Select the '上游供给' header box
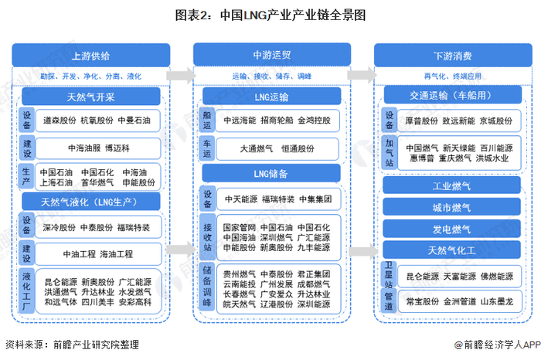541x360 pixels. (x=90, y=56)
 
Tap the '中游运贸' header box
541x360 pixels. (x=270, y=56)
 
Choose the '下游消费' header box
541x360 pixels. (x=451, y=56)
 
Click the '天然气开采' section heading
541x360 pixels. (x=90, y=97)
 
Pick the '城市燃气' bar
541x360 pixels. (x=451, y=209)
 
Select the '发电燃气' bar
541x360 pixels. (x=451, y=229)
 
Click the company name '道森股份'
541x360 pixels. (x=59, y=121)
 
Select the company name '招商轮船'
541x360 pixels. (x=276, y=121)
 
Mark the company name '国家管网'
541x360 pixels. (x=239, y=228)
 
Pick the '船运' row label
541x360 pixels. (x=207, y=121)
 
